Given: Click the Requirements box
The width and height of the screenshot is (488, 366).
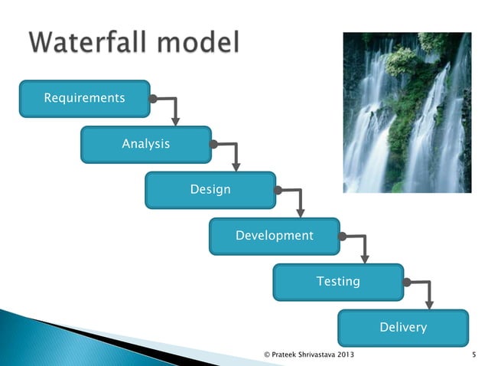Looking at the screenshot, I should click(84, 99).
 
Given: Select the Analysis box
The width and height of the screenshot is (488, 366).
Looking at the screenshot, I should click(146, 144).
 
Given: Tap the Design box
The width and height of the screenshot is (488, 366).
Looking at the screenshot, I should click(210, 190).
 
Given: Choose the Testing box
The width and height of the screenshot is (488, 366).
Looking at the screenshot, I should click(338, 282).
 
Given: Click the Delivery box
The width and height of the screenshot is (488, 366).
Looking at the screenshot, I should click(403, 328).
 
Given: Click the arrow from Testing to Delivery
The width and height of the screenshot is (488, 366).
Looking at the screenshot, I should click(428, 292).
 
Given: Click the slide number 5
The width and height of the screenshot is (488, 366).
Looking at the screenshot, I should click(475, 355).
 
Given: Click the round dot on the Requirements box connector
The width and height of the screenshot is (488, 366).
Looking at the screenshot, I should click(153, 99).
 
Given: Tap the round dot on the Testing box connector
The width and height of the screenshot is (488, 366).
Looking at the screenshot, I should click(407, 282).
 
